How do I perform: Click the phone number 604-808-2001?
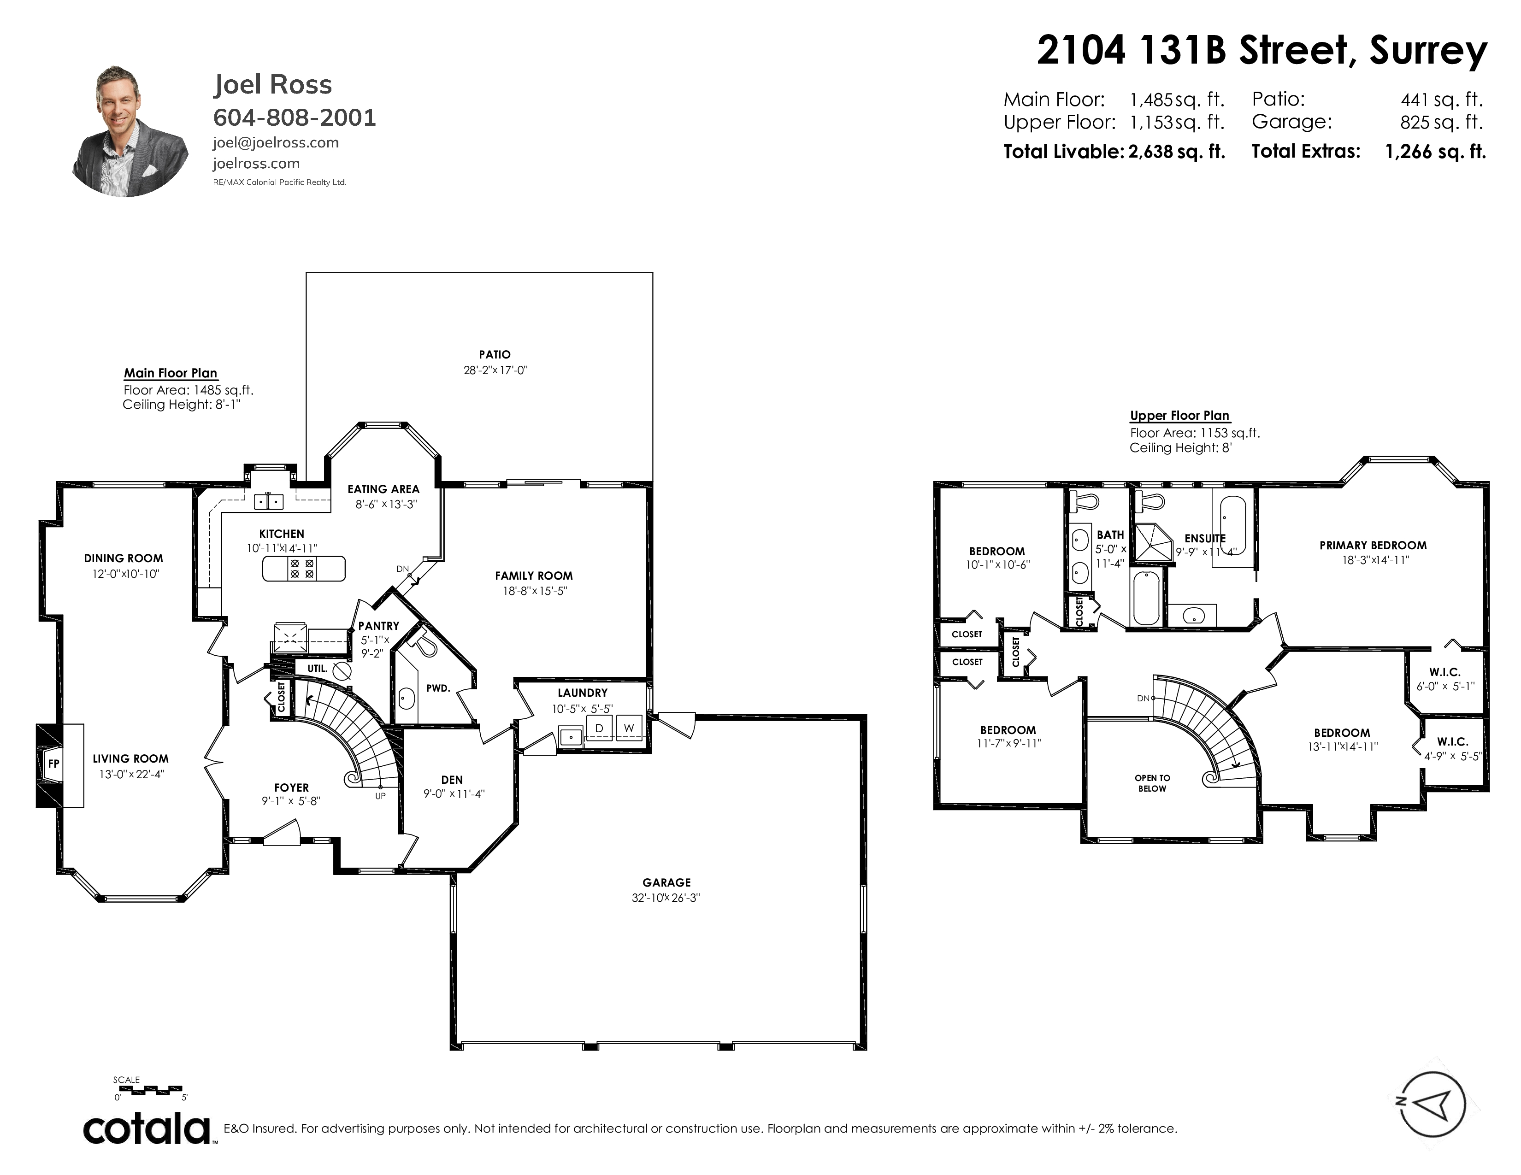(x=295, y=117)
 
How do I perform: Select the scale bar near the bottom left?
(x=150, y=1089)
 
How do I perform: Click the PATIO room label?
(x=495, y=354)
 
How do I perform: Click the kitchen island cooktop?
(x=302, y=569)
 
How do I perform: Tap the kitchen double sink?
(x=268, y=500)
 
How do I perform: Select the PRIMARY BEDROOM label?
(x=1373, y=545)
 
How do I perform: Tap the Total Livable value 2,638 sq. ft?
(x=1176, y=152)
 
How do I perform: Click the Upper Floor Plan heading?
(x=1180, y=416)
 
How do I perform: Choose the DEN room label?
(x=452, y=780)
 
